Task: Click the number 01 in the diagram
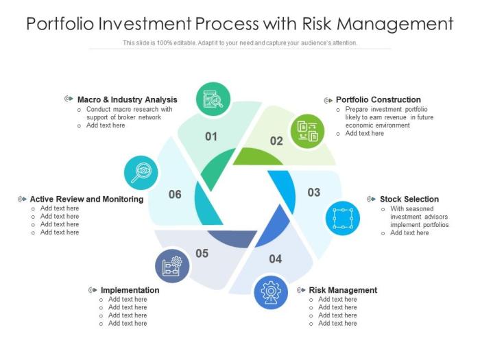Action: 211,136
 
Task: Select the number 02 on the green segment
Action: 276,141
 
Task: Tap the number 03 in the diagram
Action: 314,193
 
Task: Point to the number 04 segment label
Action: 276,259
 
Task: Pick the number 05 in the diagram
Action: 202,254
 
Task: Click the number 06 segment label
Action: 175,194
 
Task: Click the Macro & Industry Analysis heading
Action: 128,100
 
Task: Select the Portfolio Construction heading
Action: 379,100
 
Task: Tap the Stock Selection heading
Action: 409,200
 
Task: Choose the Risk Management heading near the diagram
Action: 343,290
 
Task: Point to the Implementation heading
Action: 130,290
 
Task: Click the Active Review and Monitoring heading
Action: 86,200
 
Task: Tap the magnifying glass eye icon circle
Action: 141,173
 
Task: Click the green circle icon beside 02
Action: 307,132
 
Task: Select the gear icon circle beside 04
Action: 271,292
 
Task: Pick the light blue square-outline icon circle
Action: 343,218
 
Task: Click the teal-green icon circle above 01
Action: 213,99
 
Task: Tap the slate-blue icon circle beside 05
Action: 172,266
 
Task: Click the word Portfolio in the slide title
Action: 60,24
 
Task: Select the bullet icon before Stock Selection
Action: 372,200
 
